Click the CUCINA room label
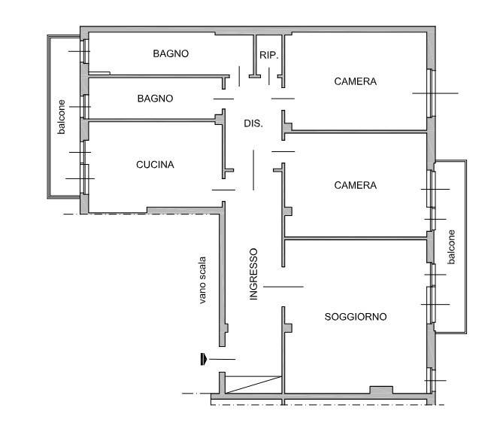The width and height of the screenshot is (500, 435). pos(155,165)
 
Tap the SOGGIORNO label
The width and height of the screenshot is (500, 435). pos(356,317)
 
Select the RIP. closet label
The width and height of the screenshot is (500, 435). pos(269,55)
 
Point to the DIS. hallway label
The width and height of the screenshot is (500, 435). pos(253,123)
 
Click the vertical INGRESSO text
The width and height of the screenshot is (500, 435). pos(253,274)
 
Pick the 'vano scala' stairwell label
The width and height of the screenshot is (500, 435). pos(202,280)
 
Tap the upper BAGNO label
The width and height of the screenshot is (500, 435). pos(171,53)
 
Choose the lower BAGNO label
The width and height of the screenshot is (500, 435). pos(156,99)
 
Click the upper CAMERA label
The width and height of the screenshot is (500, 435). pos(355,82)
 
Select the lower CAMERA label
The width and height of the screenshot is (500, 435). pos(355,185)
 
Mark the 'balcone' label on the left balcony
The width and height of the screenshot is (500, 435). pos(61,117)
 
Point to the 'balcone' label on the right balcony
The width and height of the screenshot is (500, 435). pos(451,247)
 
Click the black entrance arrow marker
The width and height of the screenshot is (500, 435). pos(204,359)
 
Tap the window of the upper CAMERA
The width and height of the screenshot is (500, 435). pos(431,93)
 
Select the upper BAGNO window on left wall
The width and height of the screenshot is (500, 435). pos(85,51)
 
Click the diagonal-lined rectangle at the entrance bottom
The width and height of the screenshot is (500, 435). pos(253,385)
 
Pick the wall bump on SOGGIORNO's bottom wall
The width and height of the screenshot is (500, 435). pos(381,390)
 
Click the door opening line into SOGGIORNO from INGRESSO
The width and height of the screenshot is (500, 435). pos(283,287)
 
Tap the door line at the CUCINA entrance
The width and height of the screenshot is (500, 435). pos(223,190)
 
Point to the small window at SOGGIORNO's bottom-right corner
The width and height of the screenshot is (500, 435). pos(431,380)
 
